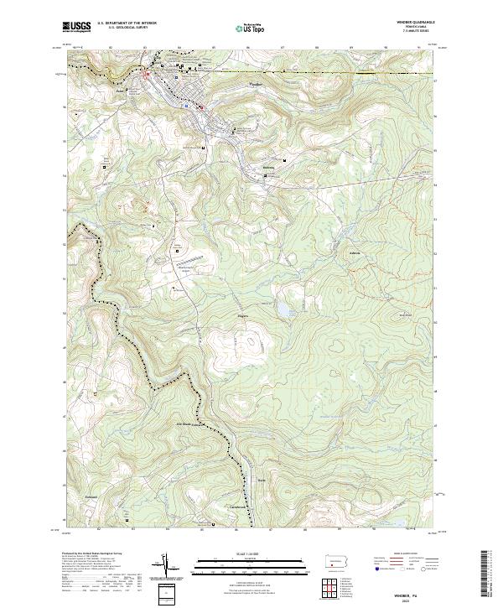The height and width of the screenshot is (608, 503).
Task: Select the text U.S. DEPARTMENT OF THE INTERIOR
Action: pyautogui.click(x=127, y=23)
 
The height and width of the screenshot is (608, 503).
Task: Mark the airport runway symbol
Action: pyautogui.click(x=187, y=261)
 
